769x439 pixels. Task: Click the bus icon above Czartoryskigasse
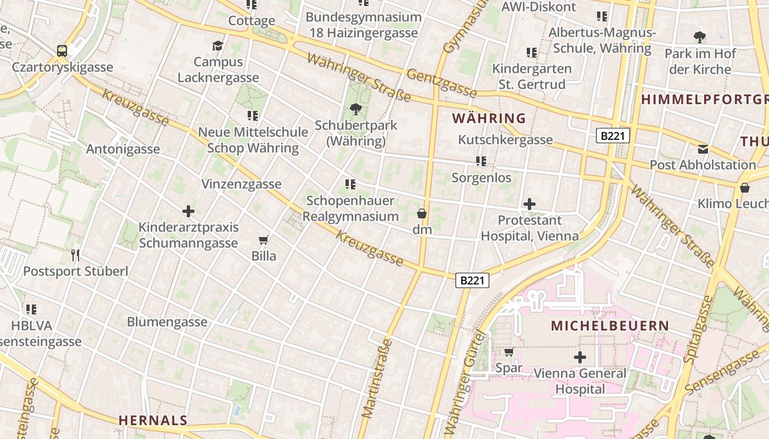click(62, 51)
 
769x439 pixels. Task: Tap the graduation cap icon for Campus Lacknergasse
click(218, 45)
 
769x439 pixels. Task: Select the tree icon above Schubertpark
click(356, 109)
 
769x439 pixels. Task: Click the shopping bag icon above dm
click(422, 213)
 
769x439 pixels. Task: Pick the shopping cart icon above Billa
click(264, 240)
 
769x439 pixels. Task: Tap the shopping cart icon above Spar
click(509, 352)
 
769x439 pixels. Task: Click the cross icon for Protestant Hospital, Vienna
click(530, 204)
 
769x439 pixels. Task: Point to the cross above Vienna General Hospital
click(580, 358)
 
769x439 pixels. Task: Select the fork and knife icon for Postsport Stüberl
click(75, 255)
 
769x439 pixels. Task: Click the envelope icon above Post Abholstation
click(703, 149)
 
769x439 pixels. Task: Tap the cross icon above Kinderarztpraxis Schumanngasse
click(188, 211)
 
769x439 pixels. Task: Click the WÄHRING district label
click(489, 118)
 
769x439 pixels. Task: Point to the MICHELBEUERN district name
click(610, 325)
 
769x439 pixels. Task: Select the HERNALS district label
click(153, 420)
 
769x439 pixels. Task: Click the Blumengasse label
click(167, 322)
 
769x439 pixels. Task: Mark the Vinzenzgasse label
click(241, 184)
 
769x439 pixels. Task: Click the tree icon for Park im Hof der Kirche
click(700, 37)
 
